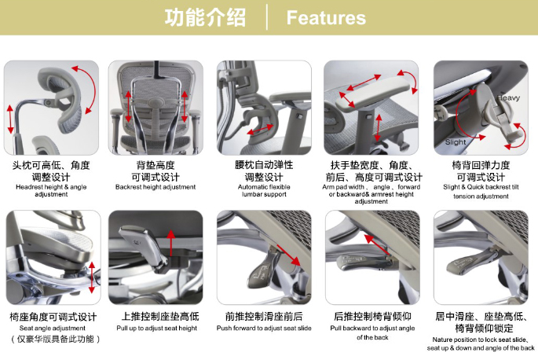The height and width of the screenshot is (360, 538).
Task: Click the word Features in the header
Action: [x=326, y=18]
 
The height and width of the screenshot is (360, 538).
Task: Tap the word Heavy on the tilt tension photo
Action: [x=508, y=97]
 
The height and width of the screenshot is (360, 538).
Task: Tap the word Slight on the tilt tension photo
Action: [x=456, y=142]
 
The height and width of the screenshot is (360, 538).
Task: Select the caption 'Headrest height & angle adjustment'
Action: [x=52, y=191]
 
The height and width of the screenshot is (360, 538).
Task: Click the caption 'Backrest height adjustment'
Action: [x=156, y=187]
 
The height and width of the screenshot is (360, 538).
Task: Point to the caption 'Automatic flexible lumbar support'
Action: [x=263, y=191]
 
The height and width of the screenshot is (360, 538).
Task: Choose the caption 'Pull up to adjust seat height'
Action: [x=156, y=327]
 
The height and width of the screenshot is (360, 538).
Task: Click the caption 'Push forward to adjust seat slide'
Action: [x=264, y=327]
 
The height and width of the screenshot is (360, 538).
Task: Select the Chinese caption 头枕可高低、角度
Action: [x=52, y=166]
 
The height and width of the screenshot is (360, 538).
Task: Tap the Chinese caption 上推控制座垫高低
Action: [x=156, y=315]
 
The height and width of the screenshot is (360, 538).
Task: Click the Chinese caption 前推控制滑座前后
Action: [x=264, y=315]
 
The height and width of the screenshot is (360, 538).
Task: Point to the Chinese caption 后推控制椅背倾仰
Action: [x=374, y=315]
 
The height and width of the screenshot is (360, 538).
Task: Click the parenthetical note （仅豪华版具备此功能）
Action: [x=52, y=339]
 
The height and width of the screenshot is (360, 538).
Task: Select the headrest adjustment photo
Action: [x=52, y=108]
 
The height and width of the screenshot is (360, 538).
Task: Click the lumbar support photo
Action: [x=264, y=108]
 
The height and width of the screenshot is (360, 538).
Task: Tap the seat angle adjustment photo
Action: [x=52, y=257]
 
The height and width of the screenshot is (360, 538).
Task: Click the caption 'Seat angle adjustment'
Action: [x=52, y=327]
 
